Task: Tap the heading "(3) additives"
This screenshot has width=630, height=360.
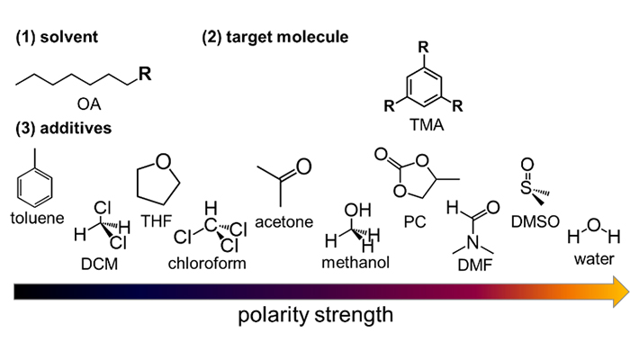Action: (62, 129)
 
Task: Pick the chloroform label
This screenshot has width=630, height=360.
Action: (208, 264)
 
